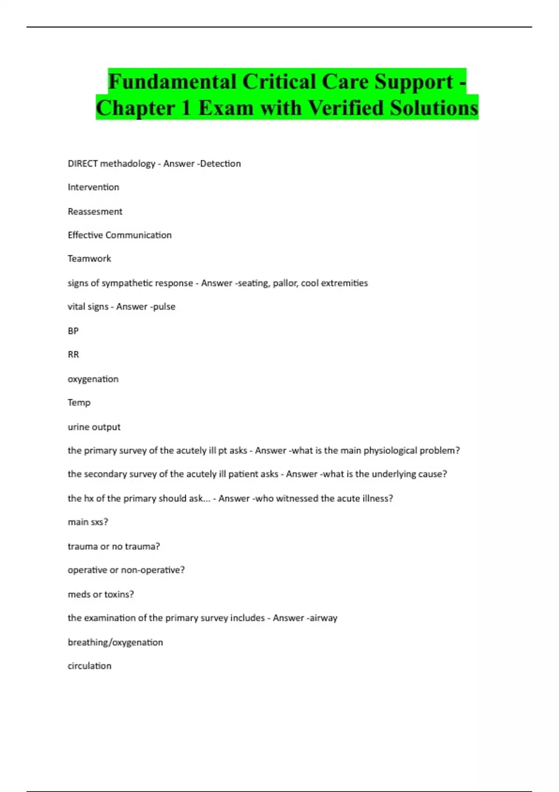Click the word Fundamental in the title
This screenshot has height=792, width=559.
pyautogui.click(x=172, y=82)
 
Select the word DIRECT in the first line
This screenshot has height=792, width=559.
pyautogui.click(x=82, y=164)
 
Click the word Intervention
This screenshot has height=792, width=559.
pyautogui.click(x=93, y=187)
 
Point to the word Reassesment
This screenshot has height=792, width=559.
pyautogui.click(x=95, y=212)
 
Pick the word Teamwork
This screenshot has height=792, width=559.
pyautogui.click(x=89, y=259)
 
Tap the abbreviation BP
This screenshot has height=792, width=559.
pyautogui.click(x=73, y=331)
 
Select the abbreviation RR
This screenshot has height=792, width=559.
pyautogui.click(x=73, y=355)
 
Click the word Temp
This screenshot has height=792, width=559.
pyautogui.click(x=79, y=403)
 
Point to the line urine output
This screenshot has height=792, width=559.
pyautogui.click(x=94, y=427)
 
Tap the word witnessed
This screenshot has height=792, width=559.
pyautogui.click(x=298, y=498)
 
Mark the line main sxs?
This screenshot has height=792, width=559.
pyautogui.click(x=88, y=522)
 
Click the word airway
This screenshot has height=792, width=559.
pyautogui.click(x=323, y=618)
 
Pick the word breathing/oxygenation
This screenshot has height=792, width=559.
pyautogui.click(x=115, y=642)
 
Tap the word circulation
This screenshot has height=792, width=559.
pyautogui.click(x=89, y=666)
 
